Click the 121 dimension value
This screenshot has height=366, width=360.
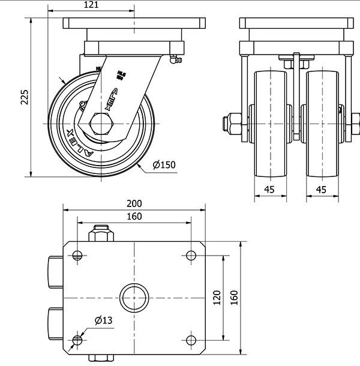(x=91, y=5)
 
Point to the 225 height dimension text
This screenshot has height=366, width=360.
(x=25, y=95)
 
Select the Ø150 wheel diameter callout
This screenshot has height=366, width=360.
(x=164, y=165)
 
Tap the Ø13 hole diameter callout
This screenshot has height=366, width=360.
(x=103, y=321)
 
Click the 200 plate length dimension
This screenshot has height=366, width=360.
(x=134, y=204)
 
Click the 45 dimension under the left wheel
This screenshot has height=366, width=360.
(x=269, y=190)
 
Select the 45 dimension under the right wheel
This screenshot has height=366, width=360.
(x=321, y=190)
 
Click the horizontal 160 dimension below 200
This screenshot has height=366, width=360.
(x=134, y=216)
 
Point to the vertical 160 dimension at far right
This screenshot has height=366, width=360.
(x=235, y=297)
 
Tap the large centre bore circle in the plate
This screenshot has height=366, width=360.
(x=134, y=298)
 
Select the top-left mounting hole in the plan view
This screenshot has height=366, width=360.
(x=77, y=255)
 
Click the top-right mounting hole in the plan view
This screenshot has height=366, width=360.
(x=191, y=255)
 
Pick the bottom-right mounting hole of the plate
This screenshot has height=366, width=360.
(x=191, y=340)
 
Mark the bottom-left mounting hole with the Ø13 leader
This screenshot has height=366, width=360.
(x=77, y=340)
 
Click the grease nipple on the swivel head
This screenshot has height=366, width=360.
(x=175, y=61)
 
